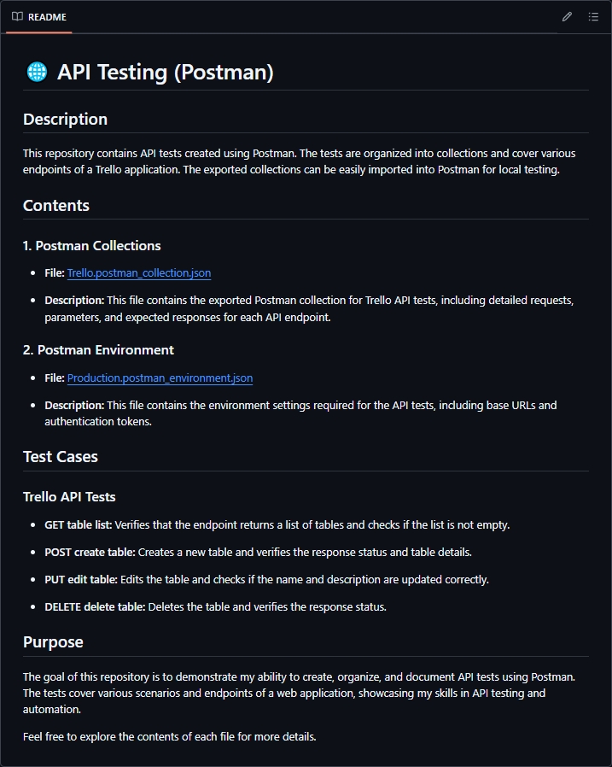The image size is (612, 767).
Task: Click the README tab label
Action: (x=47, y=17)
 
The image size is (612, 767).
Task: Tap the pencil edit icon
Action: (x=568, y=17)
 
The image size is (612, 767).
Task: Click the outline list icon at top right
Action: (x=593, y=17)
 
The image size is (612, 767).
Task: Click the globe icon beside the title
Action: (x=37, y=72)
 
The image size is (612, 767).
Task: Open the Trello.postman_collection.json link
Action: (x=139, y=273)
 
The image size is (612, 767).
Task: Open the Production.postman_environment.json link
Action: (x=160, y=378)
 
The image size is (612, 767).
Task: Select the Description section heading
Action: (x=65, y=120)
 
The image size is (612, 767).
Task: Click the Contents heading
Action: (x=56, y=206)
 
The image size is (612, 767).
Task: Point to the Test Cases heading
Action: (x=61, y=457)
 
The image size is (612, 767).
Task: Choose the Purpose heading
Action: (x=53, y=642)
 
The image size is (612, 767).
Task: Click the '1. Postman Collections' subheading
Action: (x=92, y=246)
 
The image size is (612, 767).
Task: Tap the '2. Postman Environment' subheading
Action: (x=98, y=350)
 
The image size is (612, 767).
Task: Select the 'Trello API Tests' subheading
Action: (x=69, y=497)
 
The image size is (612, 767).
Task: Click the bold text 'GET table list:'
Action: (x=79, y=524)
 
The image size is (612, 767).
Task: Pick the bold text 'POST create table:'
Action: (x=90, y=552)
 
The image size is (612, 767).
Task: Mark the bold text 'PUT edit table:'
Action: (x=81, y=579)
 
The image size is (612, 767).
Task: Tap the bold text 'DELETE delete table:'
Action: (x=95, y=607)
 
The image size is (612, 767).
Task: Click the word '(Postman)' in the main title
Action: (x=224, y=72)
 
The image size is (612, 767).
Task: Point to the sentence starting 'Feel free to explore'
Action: (x=170, y=736)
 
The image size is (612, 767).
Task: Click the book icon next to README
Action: (x=17, y=17)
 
